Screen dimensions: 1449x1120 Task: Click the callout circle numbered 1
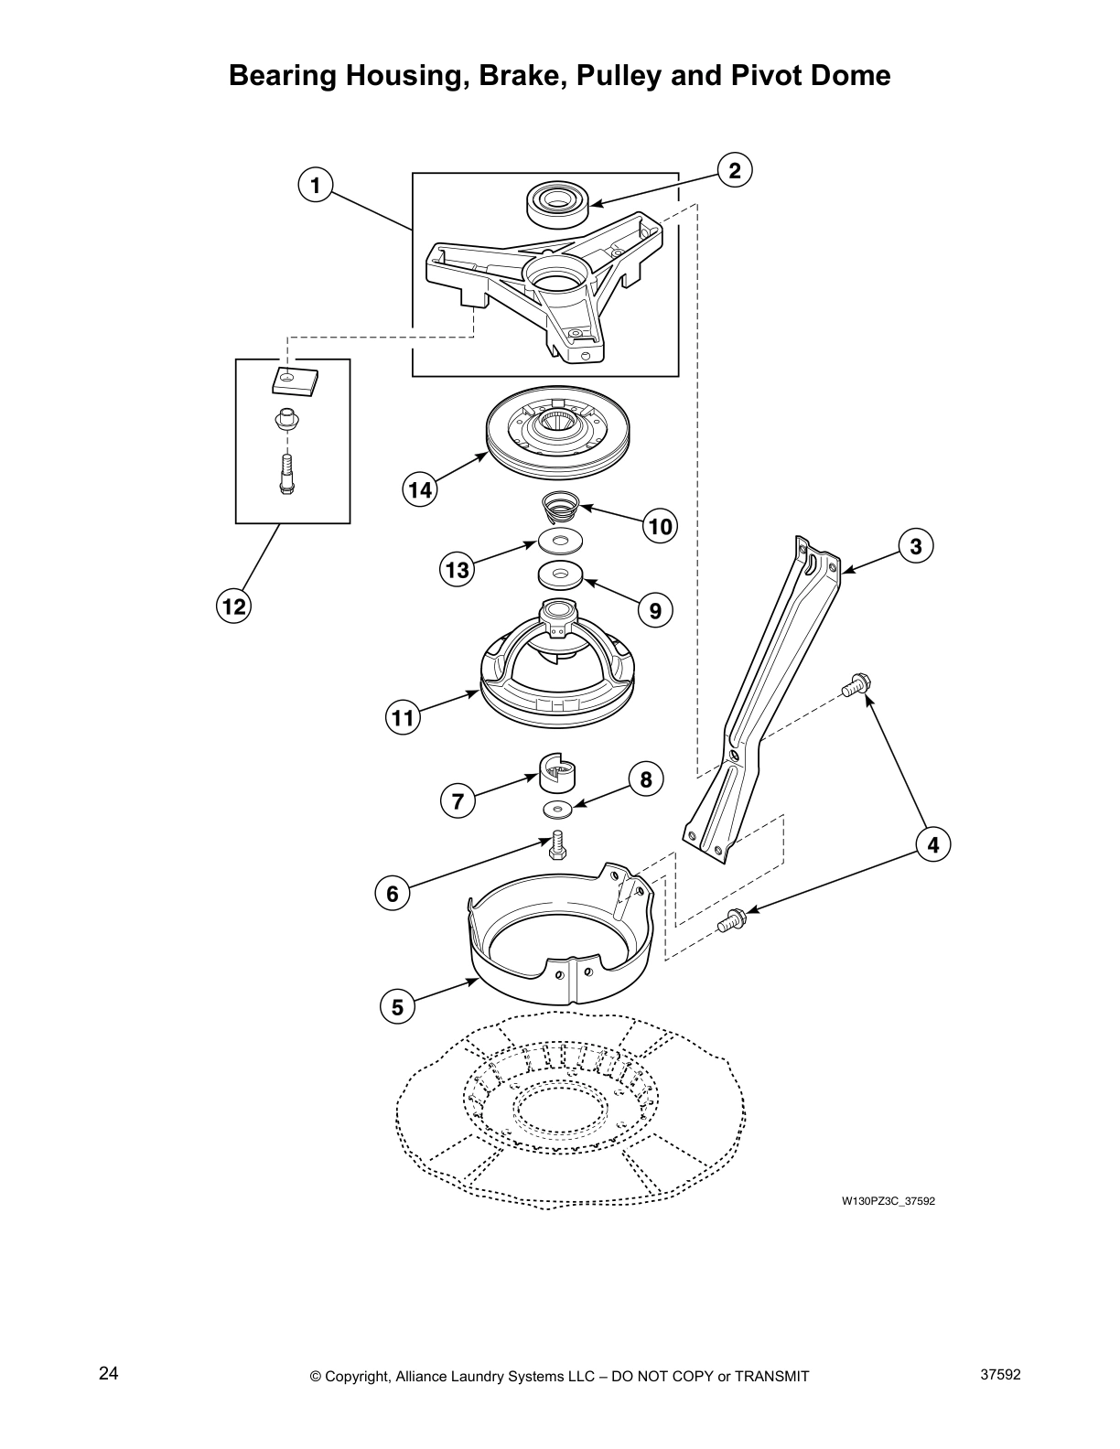(x=315, y=186)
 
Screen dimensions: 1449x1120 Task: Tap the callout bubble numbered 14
(x=420, y=489)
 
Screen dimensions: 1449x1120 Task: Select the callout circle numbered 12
(x=233, y=606)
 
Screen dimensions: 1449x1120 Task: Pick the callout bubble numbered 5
(x=397, y=1007)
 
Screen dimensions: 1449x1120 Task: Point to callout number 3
(x=916, y=546)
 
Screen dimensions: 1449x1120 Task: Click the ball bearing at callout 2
(x=556, y=203)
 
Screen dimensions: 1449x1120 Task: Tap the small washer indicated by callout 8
(x=556, y=809)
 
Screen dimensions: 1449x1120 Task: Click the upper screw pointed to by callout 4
(x=856, y=683)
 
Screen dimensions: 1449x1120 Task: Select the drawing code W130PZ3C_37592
(x=888, y=1201)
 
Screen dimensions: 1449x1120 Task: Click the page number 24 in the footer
(x=109, y=1374)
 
